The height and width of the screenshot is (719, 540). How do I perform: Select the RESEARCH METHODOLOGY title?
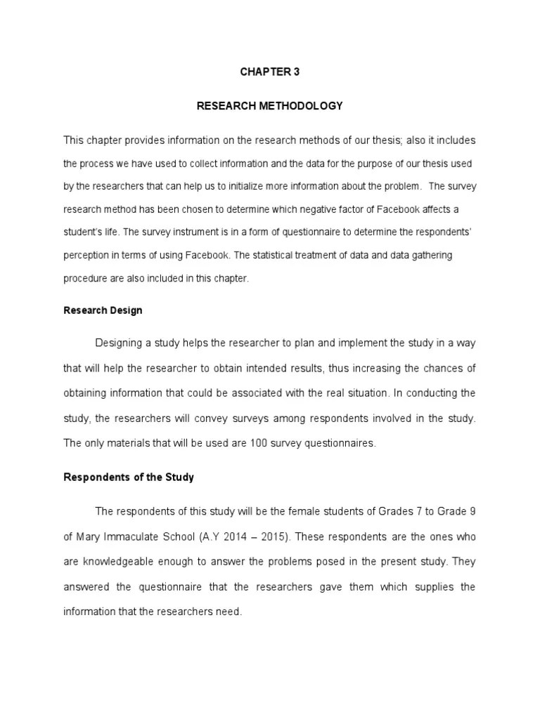click(x=269, y=106)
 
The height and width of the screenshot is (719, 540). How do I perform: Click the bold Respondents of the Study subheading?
click(x=129, y=477)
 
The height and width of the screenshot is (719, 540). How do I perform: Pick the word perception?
click(x=87, y=256)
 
